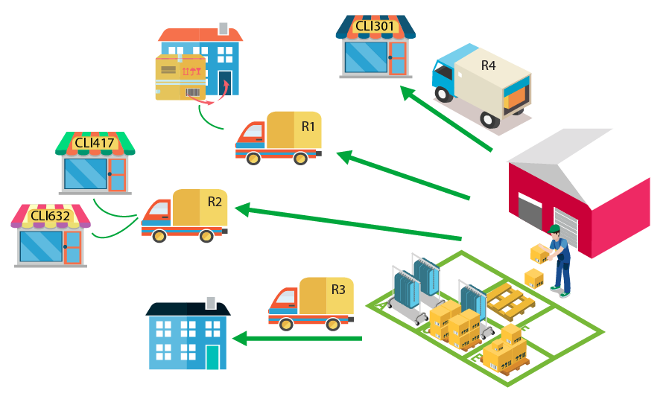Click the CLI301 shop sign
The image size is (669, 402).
375,26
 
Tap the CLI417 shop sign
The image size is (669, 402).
95,143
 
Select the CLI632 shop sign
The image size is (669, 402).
51,216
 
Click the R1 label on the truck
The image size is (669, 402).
308,127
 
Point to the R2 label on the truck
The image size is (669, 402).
215,202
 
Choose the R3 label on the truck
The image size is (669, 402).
338,290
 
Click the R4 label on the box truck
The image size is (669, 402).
489,66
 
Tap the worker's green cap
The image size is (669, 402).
554,229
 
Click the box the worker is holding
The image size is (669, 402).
539,253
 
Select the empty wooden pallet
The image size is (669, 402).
511,302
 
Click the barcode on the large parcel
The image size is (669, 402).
192,92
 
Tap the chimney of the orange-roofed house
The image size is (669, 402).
223,28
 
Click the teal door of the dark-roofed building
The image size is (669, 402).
212,357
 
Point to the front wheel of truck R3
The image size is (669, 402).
286,325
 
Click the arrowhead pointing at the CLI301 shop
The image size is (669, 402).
408,92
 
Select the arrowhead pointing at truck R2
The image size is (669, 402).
242,209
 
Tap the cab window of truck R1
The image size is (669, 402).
254,130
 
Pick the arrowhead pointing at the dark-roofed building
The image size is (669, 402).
239,339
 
